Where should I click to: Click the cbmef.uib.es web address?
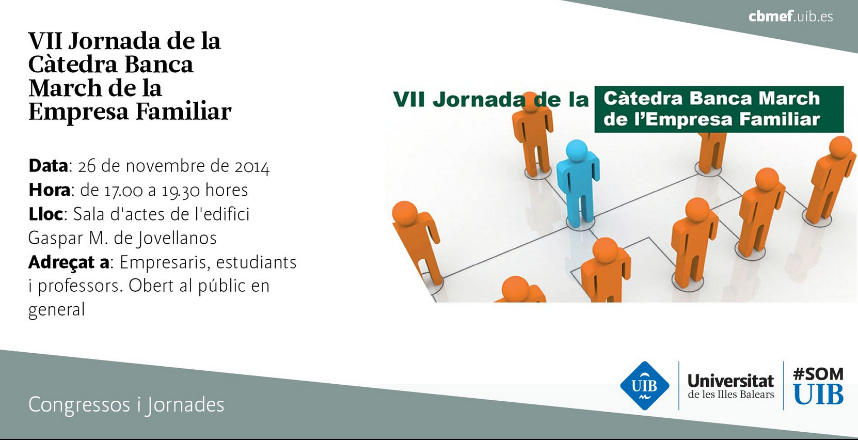pyautogui.click(x=790, y=17)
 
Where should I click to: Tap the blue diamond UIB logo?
pyautogui.click(x=645, y=386)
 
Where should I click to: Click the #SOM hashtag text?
pyautogui.click(x=818, y=374)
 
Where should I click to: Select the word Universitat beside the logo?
pyautogui.click(x=731, y=381)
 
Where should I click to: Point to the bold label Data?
pyautogui.click(x=48, y=166)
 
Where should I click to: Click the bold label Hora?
pyautogui.click(x=50, y=190)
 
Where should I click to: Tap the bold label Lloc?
pyautogui.click(x=45, y=214)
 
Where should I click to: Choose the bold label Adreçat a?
pyautogui.click(x=69, y=263)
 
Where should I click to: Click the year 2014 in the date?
pyautogui.click(x=252, y=167)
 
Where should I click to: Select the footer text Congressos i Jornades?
pyautogui.click(x=126, y=405)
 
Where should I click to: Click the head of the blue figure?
pyautogui.click(x=577, y=151)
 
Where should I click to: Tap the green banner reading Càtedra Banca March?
pyautogui.click(x=719, y=109)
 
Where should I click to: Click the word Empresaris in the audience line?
pyautogui.click(x=165, y=262)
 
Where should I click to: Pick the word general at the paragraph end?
pyautogui.click(x=56, y=310)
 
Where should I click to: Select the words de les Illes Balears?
pyautogui.click(x=731, y=395)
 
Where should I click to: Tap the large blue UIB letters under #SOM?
pyautogui.click(x=819, y=394)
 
